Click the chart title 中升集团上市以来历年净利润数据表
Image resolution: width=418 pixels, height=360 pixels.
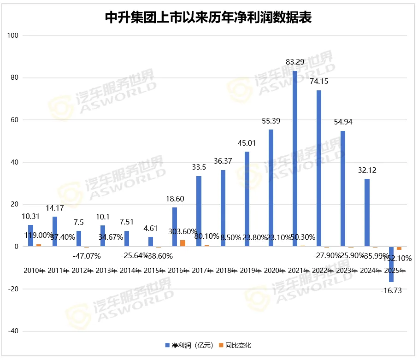point(209,18)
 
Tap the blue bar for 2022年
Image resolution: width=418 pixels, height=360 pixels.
point(319,168)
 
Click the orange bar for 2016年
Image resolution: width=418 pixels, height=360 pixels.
point(183,243)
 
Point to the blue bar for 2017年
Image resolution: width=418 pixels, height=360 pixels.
point(199,211)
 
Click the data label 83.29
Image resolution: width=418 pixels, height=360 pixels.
point(295,61)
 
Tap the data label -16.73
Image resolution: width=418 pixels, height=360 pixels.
point(391,290)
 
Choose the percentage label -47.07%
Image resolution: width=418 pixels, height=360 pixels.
point(83,255)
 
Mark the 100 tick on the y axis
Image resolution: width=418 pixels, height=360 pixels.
point(13,35)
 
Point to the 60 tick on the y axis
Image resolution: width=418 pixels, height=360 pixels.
point(14,120)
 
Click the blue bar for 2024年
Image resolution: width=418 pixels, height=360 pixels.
point(367,212)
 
